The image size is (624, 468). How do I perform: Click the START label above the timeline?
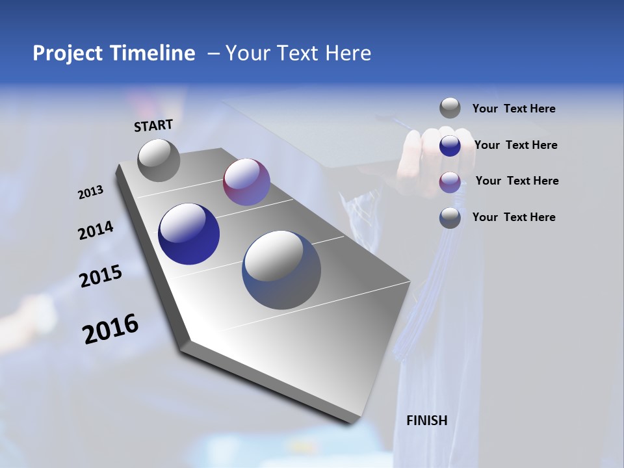point(153,125)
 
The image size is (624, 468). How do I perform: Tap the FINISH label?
point(427,421)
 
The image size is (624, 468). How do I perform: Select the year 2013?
point(91,192)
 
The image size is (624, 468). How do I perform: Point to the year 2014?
point(96,230)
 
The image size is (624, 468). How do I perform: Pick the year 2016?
point(110,329)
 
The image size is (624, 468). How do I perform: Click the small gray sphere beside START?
point(159,160)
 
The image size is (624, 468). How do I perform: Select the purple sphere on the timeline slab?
point(246,182)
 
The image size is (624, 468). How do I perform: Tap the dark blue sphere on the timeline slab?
point(189,234)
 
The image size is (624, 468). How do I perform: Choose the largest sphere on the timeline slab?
point(281,270)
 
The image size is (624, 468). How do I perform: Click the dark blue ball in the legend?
point(450,146)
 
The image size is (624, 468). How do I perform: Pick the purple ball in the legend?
point(450,182)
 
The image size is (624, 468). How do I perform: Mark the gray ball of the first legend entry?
point(450,109)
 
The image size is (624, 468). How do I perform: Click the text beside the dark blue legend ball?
point(516,145)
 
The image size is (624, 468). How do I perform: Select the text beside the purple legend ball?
point(517,181)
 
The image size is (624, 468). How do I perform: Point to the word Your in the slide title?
point(246,53)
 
